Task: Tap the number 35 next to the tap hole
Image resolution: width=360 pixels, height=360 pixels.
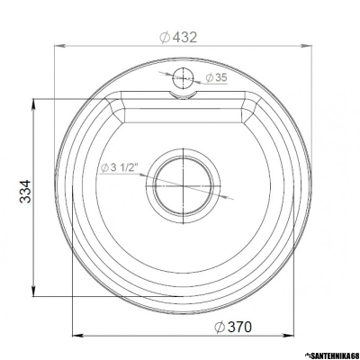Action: [x=222, y=79]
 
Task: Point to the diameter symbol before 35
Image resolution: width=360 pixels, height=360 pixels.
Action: [x=209, y=79]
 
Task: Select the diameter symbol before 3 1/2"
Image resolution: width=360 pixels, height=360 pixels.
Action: [x=104, y=167]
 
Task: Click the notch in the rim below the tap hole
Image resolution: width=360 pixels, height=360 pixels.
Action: [x=184, y=94]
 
